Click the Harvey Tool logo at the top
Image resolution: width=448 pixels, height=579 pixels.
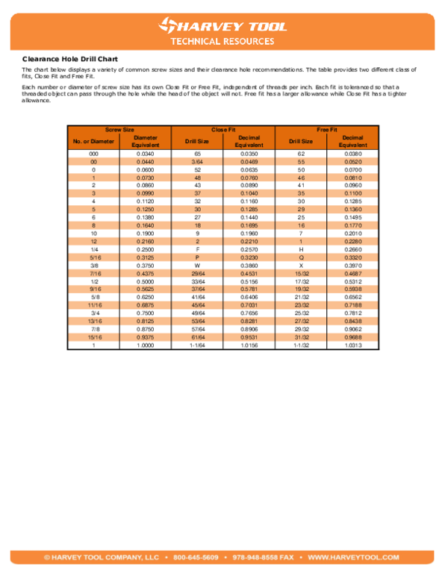223,26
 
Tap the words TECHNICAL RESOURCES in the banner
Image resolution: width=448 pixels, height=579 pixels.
223,42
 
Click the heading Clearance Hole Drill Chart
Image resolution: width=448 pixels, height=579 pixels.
70,58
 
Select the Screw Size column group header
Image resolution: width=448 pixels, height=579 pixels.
119,130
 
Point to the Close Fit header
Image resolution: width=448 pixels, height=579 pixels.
223,130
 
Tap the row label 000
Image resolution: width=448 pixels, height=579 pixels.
93,153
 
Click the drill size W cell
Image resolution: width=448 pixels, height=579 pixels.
197,264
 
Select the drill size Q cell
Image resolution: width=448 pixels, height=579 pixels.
301,257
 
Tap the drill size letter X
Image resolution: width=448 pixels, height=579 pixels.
301,264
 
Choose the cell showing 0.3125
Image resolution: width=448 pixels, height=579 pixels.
145,257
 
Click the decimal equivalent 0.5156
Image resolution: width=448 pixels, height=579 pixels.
249,281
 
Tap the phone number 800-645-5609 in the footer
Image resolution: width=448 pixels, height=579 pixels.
196,557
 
